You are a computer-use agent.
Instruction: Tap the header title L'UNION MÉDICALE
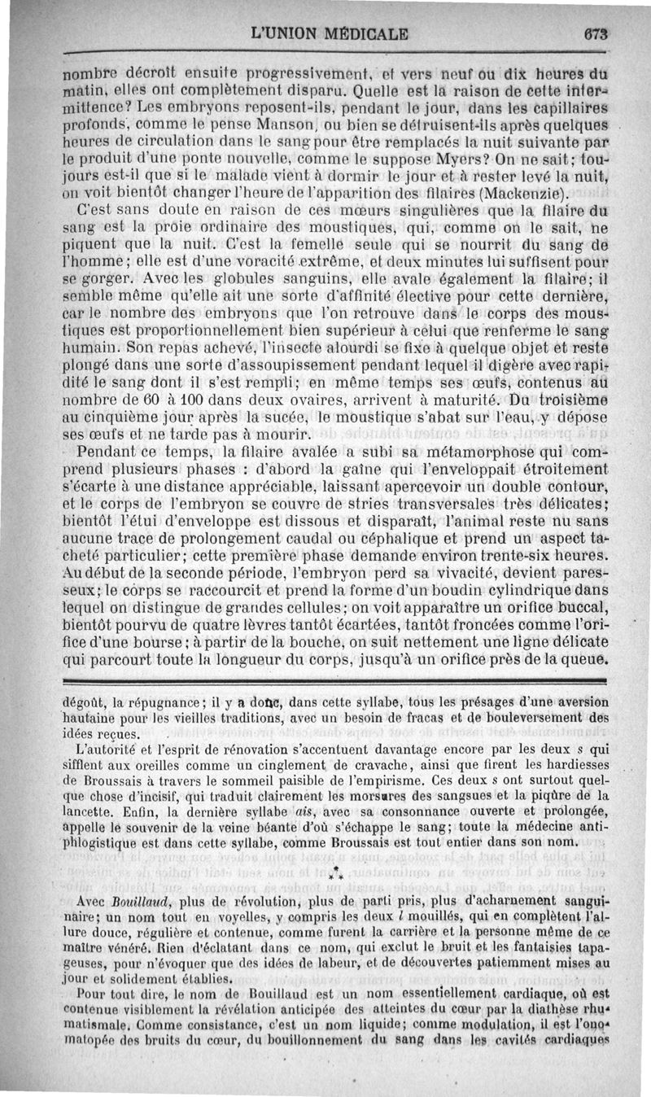click(330, 35)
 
